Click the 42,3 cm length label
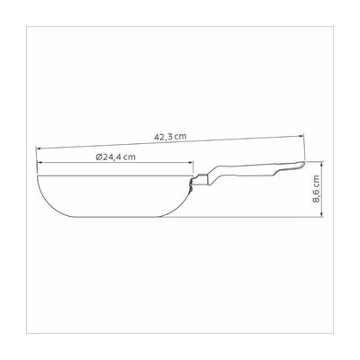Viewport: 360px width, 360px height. click(170, 137)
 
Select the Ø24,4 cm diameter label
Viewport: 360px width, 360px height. click(116, 157)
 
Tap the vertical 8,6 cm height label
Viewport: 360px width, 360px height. click(317, 189)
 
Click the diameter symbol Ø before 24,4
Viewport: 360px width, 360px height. click(100, 157)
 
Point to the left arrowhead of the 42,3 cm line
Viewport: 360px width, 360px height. click(39, 148)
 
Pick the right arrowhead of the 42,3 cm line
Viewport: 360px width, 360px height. click(301, 136)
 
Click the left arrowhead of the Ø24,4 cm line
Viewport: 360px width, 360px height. click(40, 162)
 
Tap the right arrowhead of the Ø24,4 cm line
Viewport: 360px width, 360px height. click(191, 162)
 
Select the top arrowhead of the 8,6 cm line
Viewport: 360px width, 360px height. click(322, 164)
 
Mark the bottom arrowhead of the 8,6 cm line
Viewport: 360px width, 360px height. click(322, 213)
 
